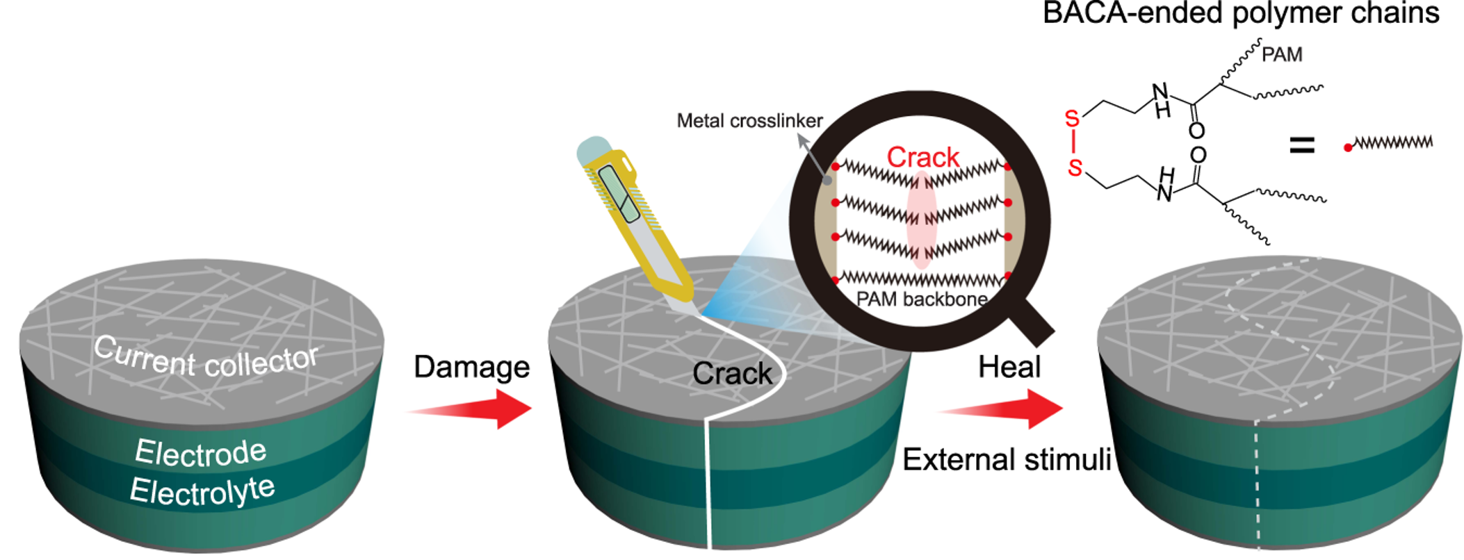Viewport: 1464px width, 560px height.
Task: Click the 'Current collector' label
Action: click(x=206, y=356)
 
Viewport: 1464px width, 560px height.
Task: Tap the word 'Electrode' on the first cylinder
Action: click(x=200, y=452)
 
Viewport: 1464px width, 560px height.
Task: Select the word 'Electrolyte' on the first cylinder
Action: click(x=202, y=491)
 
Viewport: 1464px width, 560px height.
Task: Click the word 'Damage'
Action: click(x=471, y=367)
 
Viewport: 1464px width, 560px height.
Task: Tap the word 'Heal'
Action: click(x=1009, y=367)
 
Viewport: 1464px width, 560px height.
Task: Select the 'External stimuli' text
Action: click(x=1007, y=460)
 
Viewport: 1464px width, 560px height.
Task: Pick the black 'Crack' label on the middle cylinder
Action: click(x=732, y=374)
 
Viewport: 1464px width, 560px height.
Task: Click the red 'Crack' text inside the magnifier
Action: click(x=922, y=158)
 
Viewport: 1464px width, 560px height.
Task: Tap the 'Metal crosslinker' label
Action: click(x=749, y=121)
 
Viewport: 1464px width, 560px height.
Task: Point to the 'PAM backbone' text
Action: click(x=922, y=299)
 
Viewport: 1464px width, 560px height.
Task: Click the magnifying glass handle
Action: click(x=1029, y=321)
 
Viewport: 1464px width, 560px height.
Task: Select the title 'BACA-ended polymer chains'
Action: click(x=1241, y=14)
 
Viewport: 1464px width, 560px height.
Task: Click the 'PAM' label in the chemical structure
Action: click(x=1282, y=54)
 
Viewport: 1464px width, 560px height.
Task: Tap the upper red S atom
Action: click(x=1072, y=120)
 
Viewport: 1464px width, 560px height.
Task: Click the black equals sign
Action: click(x=1302, y=145)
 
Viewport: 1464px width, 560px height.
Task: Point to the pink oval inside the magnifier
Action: click(x=922, y=220)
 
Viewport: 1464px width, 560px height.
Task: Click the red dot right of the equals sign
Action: click(x=1348, y=147)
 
